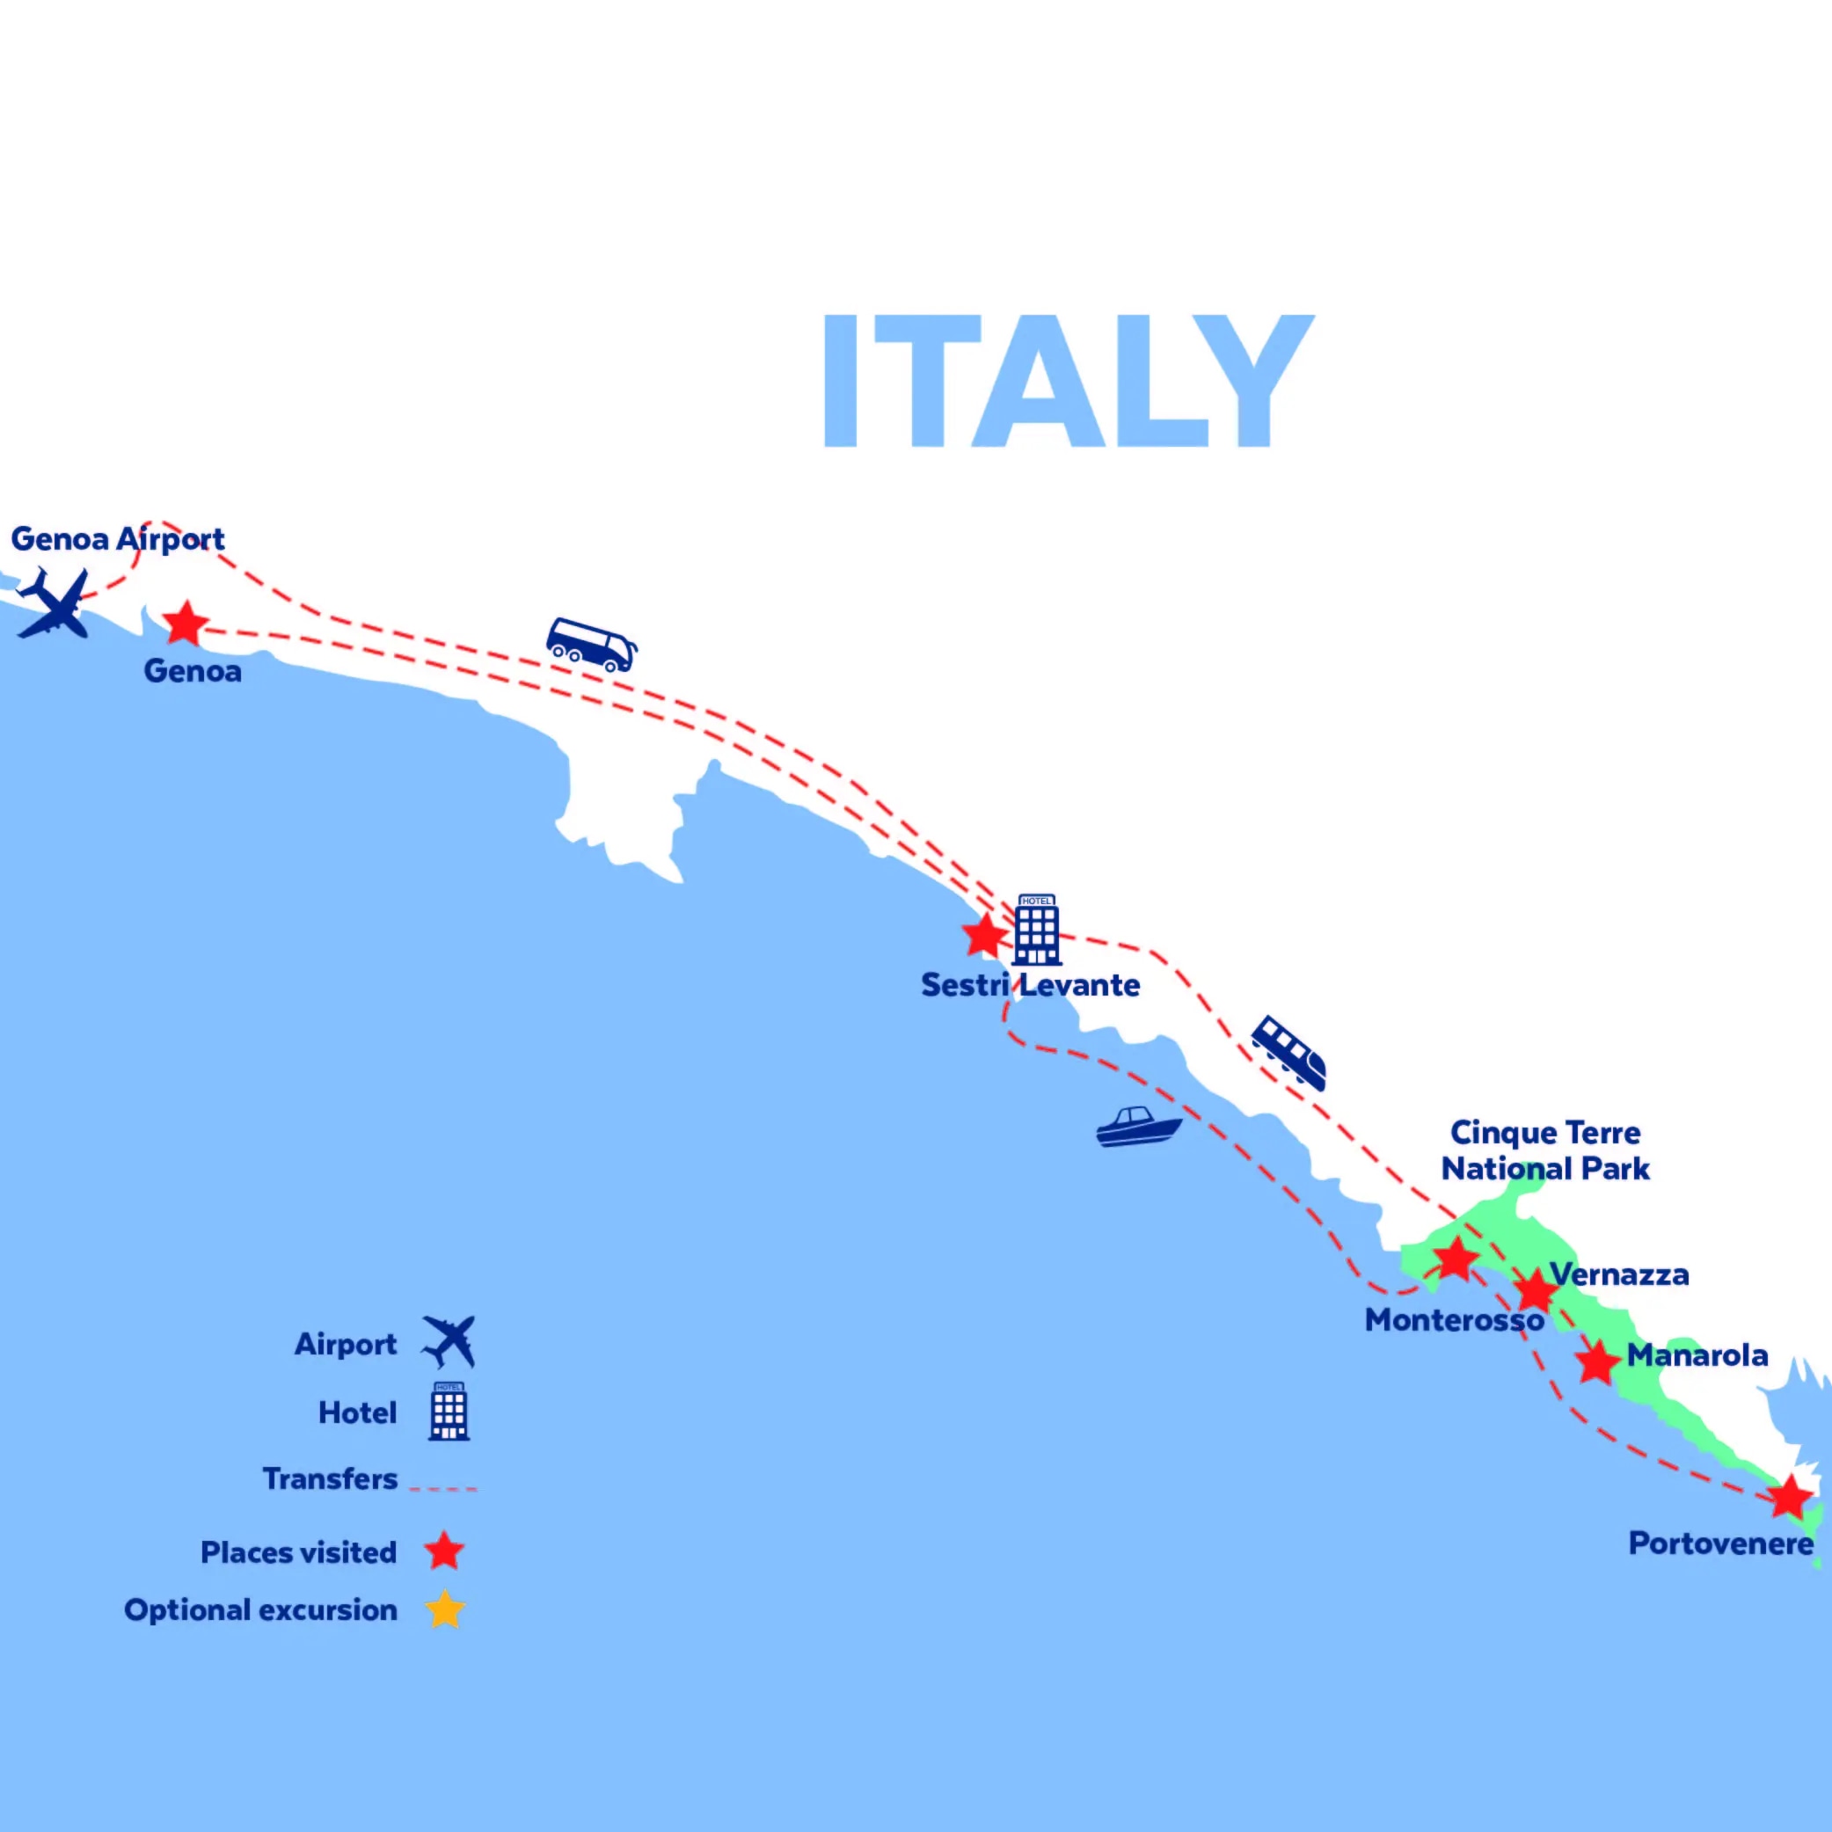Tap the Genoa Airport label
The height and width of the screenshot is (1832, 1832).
pyautogui.click(x=118, y=538)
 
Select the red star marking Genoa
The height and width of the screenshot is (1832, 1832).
pyautogui.click(x=186, y=624)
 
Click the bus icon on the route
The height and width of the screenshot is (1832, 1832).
pyautogui.click(x=591, y=645)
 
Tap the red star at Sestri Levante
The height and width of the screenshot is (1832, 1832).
pyautogui.click(x=984, y=936)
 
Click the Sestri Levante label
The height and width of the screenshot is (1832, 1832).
pyautogui.click(x=1030, y=985)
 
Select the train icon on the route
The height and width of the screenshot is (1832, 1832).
pyautogui.click(x=1288, y=1052)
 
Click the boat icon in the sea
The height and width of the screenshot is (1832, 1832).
pyautogui.click(x=1138, y=1127)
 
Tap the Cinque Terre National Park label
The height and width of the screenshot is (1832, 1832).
pyautogui.click(x=1544, y=1150)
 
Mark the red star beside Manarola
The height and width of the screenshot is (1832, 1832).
pyautogui.click(x=1598, y=1361)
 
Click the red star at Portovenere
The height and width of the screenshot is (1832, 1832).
pyautogui.click(x=1789, y=1498)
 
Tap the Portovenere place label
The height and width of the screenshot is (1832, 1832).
pyautogui.click(x=1720, y=1544)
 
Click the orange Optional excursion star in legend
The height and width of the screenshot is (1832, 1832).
pyautogui.click(x=445, y=1610)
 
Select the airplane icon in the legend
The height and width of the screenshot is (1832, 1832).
pyautogui.click(x=449, y=1342)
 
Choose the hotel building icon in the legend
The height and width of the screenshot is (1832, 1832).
pyautogui.click(x=449, y=1411)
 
